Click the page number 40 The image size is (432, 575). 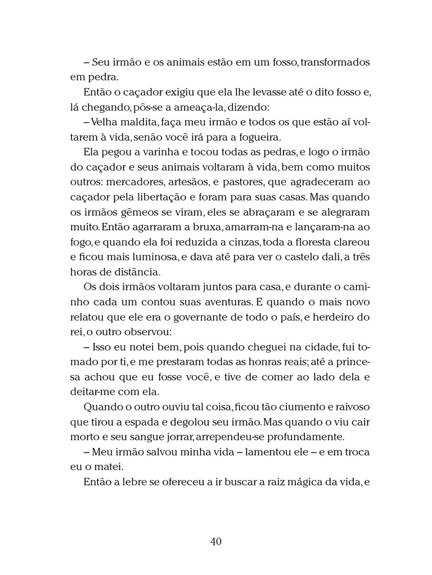coord(216,541)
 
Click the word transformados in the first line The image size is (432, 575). coord(335,62)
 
